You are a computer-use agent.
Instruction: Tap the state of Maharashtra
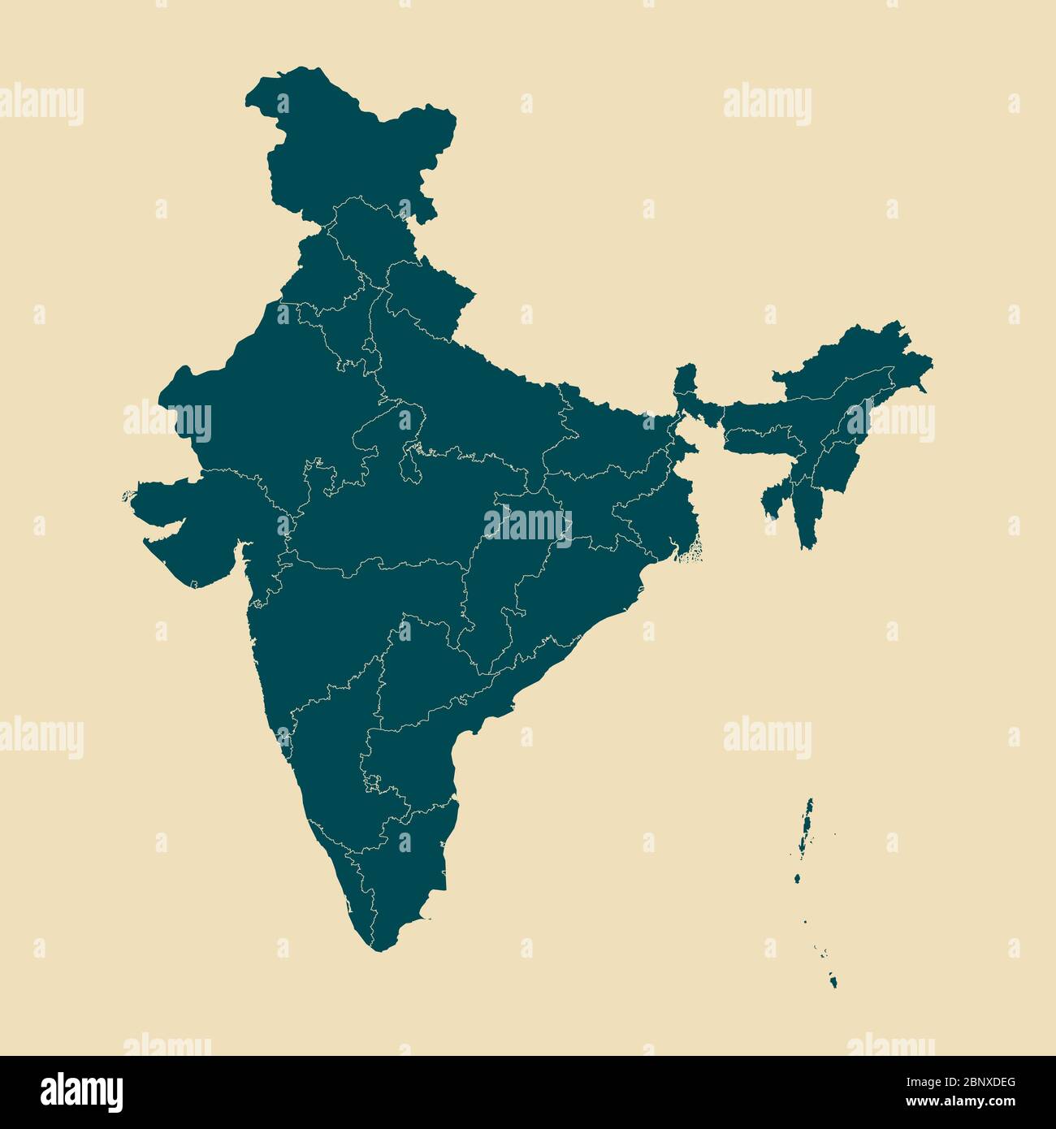(x=341, y=617)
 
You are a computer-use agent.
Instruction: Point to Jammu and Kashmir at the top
(x=349, y=138)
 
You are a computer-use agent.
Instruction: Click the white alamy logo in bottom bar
(x=82, y=1092)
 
